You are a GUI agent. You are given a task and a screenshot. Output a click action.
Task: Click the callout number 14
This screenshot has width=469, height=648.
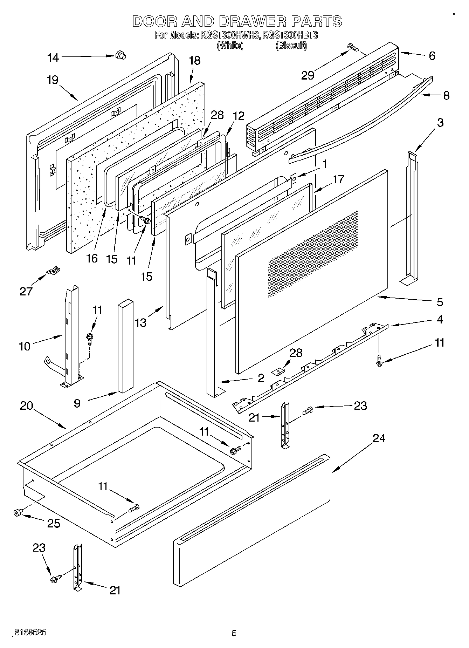click(x=53, y=57)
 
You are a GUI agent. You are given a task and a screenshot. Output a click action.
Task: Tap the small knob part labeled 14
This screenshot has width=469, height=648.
click(x=120, y=55)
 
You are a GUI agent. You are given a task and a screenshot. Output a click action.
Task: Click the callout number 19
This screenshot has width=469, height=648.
click(x=53, y=80)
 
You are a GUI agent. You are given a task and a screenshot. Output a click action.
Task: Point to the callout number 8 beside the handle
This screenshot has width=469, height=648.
click(x=446, y=95)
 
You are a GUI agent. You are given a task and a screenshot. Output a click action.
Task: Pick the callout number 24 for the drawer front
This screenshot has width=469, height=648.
click(x=379, y=438)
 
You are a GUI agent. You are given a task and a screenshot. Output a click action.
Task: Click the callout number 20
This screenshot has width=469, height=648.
click(x=26, y=406)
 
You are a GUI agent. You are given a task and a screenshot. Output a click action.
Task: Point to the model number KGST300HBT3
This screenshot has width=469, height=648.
click(x=290, y=35)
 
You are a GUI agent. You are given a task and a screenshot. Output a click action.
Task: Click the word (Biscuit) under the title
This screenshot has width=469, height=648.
click(x=291, y=45)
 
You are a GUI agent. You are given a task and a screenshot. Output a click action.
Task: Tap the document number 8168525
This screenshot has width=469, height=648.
click(x=29, y=632)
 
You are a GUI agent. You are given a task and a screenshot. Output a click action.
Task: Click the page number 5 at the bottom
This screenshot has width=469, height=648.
click(x=234, y=633)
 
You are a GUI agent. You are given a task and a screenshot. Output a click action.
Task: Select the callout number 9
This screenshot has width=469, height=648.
click(x=77, y=403)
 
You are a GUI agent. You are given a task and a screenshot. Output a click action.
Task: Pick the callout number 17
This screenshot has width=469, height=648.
click(x=338, y=179)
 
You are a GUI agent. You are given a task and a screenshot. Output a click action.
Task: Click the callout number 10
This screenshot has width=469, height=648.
click(x=25, y=346)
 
